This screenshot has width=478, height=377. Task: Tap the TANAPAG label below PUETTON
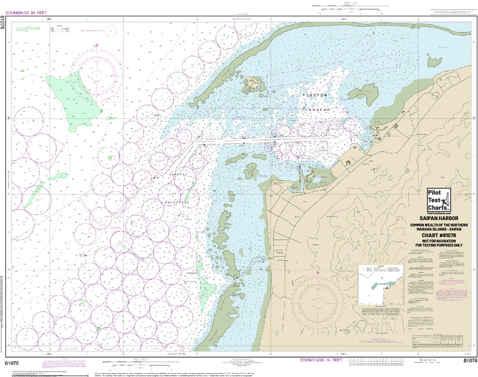314,111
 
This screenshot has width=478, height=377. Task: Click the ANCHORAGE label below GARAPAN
176,202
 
